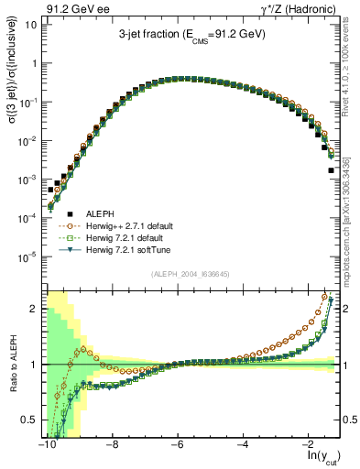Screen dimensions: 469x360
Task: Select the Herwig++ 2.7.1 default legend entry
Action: [134, 224]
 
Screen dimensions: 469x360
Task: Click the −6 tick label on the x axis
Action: [177, 442]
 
